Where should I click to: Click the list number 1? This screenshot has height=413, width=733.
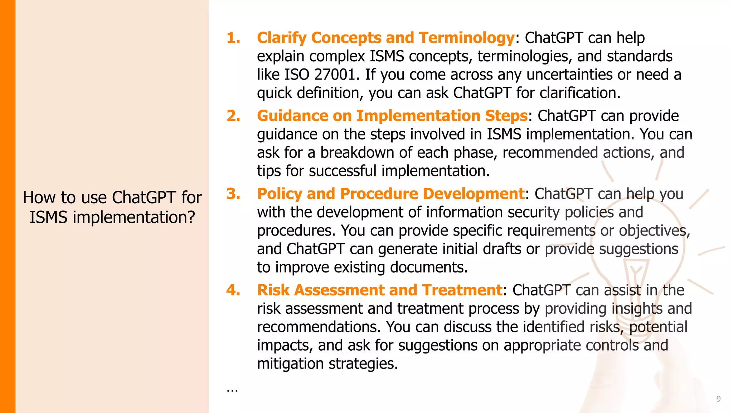(233, 38)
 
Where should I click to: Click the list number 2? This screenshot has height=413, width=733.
(233, 116)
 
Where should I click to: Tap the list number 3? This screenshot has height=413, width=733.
(233, 194)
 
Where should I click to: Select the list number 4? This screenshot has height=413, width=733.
(233, 290)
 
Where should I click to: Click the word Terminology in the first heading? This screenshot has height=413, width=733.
(466, 38)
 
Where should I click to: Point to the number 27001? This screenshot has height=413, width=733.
(335, 75)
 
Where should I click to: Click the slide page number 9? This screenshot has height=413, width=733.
(718, 399)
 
